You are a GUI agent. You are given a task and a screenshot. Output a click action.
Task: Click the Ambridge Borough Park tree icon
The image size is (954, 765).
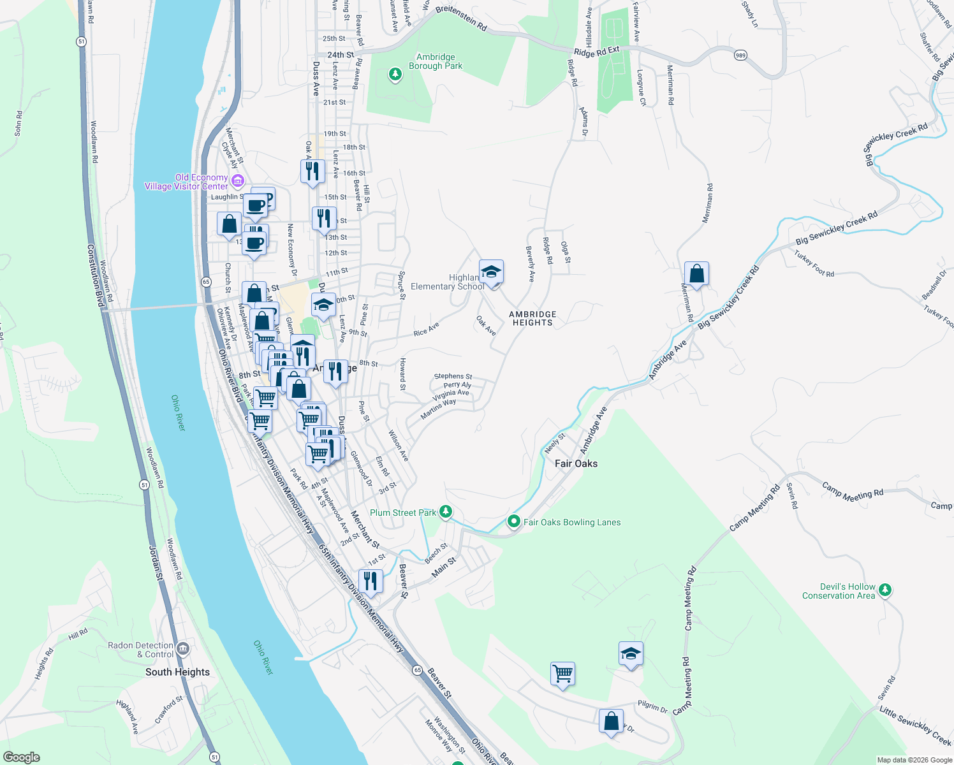(395, 75)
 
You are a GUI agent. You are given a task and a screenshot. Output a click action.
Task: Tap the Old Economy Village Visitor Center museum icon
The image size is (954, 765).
(238, 181)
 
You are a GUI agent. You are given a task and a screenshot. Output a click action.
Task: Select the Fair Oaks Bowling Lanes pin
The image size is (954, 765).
(514, 522)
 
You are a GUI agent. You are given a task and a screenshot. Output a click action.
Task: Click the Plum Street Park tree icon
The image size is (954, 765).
(446, 512)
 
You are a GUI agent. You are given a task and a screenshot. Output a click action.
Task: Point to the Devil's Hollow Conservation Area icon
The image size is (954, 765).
(884, 590)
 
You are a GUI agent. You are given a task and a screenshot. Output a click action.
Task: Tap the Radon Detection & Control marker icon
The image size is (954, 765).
(183, 650)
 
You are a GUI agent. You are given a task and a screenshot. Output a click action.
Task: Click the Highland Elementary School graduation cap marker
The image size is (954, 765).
(492, 273)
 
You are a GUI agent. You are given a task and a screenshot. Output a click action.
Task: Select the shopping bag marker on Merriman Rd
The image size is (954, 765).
(697, 274)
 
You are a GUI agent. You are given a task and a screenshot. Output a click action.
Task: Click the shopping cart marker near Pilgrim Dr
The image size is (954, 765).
(562, 673)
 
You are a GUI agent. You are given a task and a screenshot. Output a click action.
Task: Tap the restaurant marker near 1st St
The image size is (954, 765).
(371, 581)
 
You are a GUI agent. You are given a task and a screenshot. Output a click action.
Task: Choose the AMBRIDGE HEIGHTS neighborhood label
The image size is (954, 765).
(532, 319)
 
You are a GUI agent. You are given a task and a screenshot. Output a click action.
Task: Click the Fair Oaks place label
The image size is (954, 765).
(576, 463)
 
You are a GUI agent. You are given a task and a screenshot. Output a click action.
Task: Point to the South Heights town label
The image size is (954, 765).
(177, 672)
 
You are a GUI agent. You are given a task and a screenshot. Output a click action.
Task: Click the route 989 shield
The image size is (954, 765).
(740, 55)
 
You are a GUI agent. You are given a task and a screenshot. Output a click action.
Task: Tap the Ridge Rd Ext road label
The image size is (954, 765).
(596, 52)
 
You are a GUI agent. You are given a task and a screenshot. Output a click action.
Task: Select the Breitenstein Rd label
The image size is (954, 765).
(461, 18)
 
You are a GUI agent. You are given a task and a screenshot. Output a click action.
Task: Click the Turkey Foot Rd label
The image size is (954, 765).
(814, 263)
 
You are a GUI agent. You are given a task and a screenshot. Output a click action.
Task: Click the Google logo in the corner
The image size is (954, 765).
(22, 757)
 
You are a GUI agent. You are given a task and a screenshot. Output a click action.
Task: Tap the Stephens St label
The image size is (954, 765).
(453, 377)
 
